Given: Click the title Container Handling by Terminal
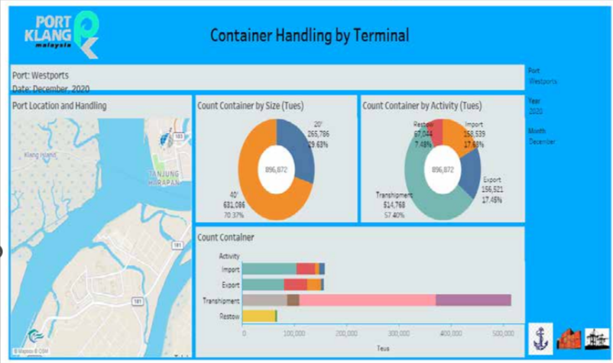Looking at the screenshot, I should [310, 34].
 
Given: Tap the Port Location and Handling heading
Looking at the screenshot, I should [60, 106].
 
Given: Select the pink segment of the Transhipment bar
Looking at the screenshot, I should [367, 300].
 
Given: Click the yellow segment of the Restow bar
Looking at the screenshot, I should [258, 316].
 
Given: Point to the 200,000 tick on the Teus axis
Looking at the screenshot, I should [346, 334].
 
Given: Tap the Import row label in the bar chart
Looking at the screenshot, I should [229, 269].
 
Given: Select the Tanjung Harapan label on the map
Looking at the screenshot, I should [162, 177].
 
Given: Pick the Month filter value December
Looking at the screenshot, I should [541, 142].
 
